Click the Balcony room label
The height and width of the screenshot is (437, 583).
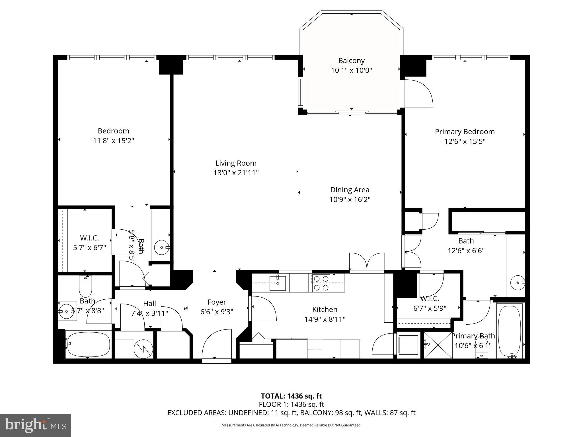click(351, 61)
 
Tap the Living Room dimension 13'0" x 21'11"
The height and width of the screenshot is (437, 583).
click(236, 173)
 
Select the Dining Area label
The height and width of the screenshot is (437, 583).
click(350, 190)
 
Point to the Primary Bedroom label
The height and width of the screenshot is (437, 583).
click(465, 132)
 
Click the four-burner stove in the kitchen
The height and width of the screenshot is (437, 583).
click(321, 283)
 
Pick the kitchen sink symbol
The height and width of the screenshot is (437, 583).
click(278, 283)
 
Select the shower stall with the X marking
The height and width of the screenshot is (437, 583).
click(438, 345)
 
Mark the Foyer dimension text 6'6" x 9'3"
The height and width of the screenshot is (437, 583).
click(217, 312)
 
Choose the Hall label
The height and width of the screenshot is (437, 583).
click(149, 304)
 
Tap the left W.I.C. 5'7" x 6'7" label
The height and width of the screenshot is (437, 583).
click(89, 238)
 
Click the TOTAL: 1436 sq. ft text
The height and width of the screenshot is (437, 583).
click(291, 396)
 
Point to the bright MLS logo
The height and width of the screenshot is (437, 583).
click(36, 425)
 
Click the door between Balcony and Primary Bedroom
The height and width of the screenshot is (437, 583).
click(418, 94)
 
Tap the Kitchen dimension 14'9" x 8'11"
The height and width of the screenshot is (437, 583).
click(325, 319)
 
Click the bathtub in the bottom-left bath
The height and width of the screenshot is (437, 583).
click(88, 344)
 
